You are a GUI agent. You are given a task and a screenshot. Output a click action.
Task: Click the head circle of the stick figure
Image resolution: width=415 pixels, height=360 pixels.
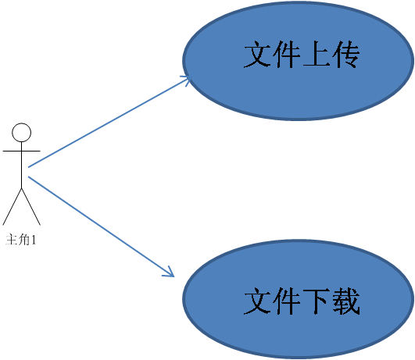pos(21,132)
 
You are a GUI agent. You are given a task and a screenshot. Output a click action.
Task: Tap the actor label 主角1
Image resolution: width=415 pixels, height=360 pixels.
pos(20,240)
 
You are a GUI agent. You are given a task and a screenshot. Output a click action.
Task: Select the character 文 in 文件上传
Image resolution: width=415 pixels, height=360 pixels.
pos(258,54)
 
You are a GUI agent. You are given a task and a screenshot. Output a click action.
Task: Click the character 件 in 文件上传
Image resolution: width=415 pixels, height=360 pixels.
pos(287,54)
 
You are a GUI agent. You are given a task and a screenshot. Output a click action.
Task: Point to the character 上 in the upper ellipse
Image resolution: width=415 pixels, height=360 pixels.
pos(316,54)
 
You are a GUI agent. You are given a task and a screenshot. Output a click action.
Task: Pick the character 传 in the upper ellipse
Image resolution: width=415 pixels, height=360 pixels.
pos(345,54)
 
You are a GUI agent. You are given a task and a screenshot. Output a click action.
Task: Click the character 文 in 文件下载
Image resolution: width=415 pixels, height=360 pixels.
pos(258,301)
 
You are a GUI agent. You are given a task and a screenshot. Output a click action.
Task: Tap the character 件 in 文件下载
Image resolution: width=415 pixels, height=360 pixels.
pos(287,301)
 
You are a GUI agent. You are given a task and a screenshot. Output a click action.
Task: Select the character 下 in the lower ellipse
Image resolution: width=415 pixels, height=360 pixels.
pos(316,301)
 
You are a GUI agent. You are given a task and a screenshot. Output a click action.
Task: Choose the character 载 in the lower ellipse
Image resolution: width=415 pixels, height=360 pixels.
pos(345,301)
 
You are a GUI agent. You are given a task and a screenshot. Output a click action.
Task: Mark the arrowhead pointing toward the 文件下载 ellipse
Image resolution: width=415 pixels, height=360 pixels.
pos(170,273)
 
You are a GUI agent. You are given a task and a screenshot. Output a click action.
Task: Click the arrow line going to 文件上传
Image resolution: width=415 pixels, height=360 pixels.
pos(109,122)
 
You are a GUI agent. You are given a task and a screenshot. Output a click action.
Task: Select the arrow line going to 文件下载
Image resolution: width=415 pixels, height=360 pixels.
pos(101,226)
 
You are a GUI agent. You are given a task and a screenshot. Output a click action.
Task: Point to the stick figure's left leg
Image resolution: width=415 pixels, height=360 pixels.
pos(13,206)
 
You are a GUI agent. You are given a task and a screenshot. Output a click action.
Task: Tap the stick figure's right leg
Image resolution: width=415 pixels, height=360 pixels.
pos(31,206)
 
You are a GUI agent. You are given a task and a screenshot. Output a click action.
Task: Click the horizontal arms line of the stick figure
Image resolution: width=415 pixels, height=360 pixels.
pos(21,151)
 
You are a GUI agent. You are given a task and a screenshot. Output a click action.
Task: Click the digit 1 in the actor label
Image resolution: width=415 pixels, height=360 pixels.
pos(34,240)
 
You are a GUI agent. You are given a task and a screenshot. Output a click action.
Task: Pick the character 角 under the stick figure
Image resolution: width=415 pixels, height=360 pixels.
pos(25,240)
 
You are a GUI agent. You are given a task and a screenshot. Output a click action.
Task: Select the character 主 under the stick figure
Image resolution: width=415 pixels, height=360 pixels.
pos(13,240)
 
